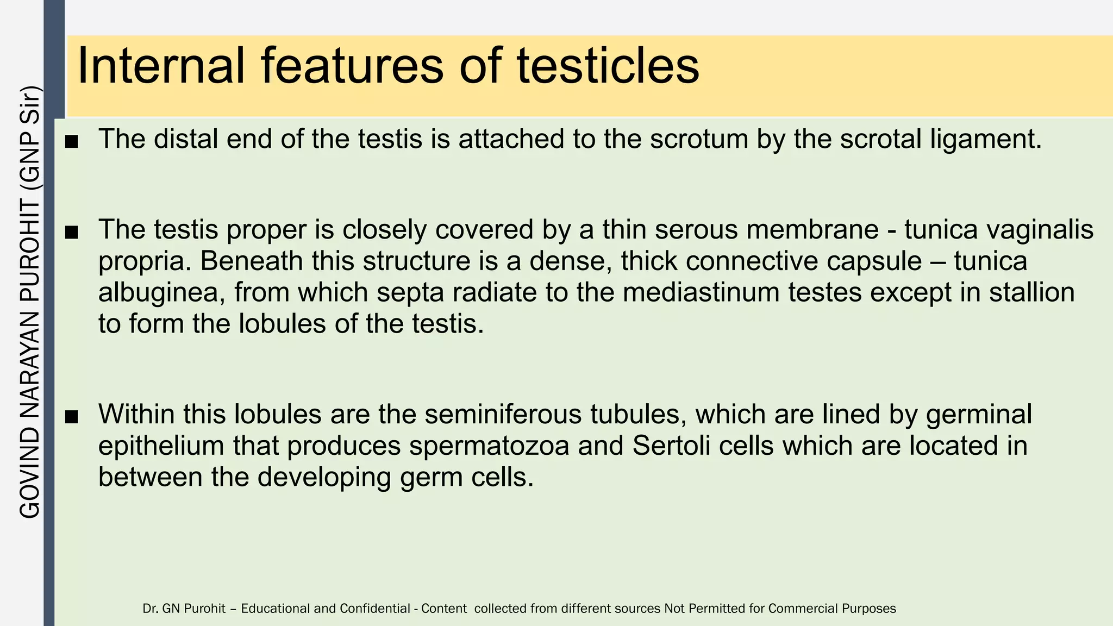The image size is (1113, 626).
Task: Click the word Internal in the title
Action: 161,66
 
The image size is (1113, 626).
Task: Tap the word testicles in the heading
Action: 608,66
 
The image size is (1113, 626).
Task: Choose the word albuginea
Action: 161,293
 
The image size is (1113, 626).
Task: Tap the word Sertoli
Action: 673,446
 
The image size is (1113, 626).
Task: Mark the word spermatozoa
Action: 489,446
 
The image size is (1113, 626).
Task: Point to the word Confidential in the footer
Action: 375,609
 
